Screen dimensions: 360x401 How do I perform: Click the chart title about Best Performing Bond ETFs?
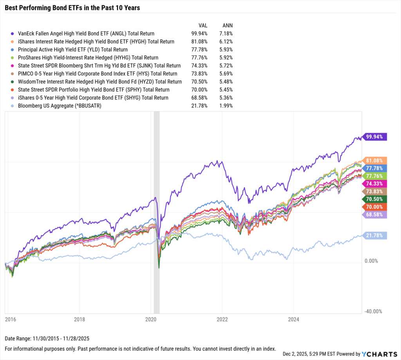tap(72, 7)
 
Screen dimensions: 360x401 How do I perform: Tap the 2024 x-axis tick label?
tap(293, 319)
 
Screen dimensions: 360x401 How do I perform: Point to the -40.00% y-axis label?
tap(373, 311)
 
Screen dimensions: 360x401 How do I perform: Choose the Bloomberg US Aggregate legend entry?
tap(59, 106)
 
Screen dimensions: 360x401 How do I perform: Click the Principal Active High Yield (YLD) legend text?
tap(72, 50)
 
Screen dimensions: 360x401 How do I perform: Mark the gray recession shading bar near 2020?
tap(157, 212)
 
